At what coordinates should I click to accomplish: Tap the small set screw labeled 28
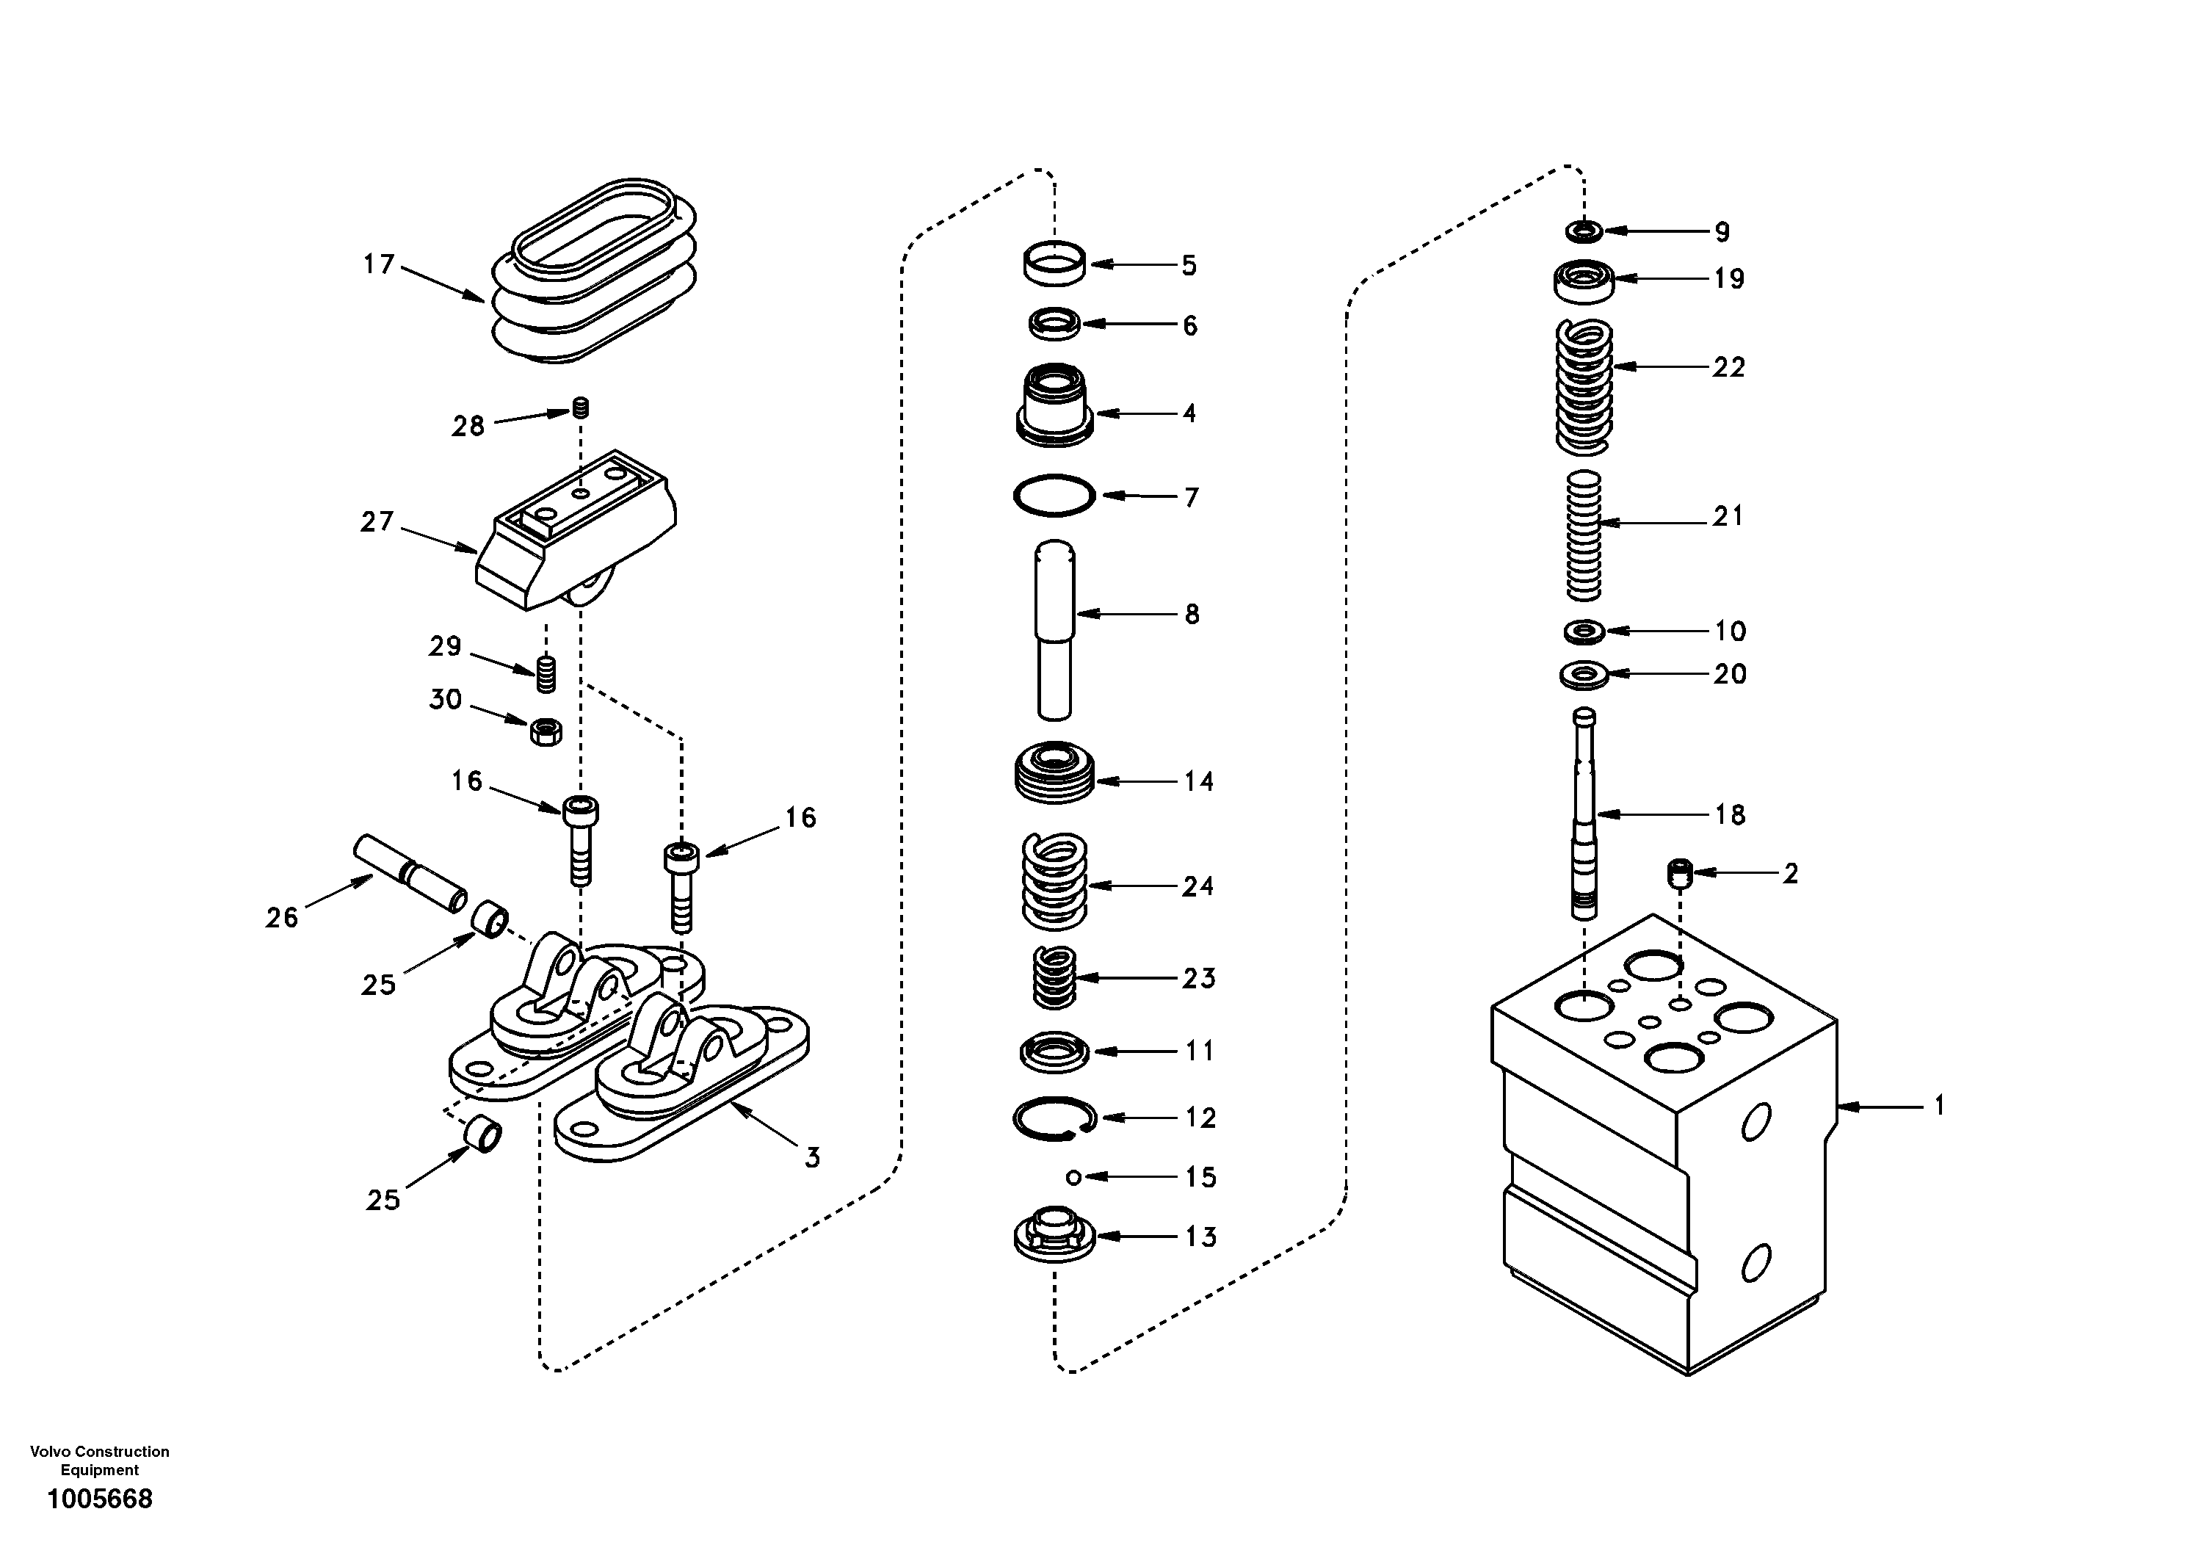pyautogui.click(x=581, y=408)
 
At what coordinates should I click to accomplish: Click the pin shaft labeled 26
pyautogui.click(x=409, y=873)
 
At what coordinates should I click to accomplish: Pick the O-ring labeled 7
pyautogui.click(x=1054, y=495)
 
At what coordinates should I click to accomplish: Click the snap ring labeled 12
pyautogui.click(x=1054, y=1118)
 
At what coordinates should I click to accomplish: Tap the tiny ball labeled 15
pyautogui.click(x=1073, y=1178)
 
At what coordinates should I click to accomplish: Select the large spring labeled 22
pyautogui.click(x=1584, y=386)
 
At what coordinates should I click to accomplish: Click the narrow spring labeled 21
pyautogui.click(x=1584, y=536)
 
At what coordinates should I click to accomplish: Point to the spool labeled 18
pyautogui.click(x=1584, y=814)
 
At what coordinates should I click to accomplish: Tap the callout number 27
pyautogui.click(x=376, y=521)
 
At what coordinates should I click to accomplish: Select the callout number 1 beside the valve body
pyautogui.click(x=1938, y=1106)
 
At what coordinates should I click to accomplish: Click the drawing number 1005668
pyautogui.click(x=100, y=1499)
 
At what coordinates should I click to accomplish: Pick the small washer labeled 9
pyautogui.click(x=1584, y=231)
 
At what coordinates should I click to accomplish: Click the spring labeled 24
pyautogui.click(x=1054, y=881)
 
